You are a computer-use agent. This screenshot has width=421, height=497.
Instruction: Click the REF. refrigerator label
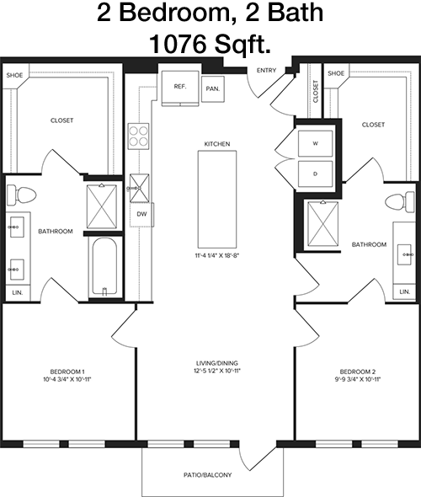[x=180, y=87]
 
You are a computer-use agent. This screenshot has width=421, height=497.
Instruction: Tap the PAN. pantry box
[x=213, y=89]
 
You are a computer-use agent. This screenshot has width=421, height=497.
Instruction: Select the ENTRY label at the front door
[x=266, y=71]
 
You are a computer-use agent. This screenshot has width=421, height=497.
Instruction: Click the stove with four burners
[x=138, y=136]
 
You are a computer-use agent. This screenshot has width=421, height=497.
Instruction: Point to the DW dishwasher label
[x=142, y=214]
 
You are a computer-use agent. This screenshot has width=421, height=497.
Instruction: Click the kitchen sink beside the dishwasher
[x=140, y=188]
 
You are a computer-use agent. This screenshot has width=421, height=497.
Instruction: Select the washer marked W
[x=315, y=143]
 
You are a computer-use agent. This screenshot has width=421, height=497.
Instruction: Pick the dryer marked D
[x=315, y=174]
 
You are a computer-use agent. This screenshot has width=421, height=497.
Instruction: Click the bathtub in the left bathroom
[x=104, y=267]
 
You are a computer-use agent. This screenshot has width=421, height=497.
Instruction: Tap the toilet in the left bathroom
[x=21, y=195]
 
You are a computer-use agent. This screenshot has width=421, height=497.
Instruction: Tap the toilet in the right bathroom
[x=400, y=202]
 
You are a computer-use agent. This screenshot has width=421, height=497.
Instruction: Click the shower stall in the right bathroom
[x=323, y=224]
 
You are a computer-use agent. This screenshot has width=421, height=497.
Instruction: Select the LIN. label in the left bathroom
[x=18, y=292]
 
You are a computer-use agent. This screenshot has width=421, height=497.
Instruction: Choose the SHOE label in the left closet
[x=14, y=75]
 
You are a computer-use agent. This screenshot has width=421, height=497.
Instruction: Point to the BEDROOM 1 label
[x=67, y=371]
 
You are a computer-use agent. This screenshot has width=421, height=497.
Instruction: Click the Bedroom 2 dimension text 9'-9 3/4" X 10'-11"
[x=358, y=379]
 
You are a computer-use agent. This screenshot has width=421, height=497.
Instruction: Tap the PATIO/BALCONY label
[x=207, y=475]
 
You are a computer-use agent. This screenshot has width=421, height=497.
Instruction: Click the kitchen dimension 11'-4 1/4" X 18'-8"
[x=216, y=255]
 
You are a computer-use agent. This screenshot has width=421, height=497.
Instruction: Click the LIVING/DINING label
[x=217, y=363]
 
